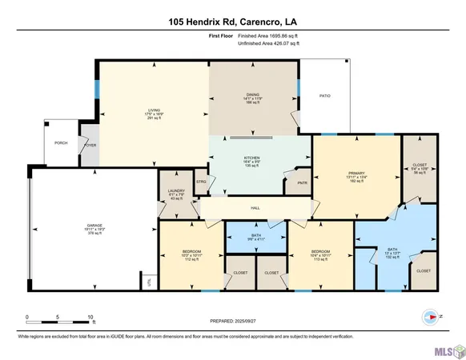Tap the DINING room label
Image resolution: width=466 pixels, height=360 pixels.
tap(253, 94)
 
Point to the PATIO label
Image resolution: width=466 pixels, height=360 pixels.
tap(324, 96)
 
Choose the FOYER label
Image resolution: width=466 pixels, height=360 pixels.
tap(90, 146)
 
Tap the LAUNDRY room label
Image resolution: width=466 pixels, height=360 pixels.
tap(176, 191)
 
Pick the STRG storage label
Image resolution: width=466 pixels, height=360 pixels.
tap(201, 182)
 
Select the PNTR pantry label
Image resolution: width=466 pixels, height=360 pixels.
tap(302, 183)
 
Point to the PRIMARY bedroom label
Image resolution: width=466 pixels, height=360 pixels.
tap(356, 173)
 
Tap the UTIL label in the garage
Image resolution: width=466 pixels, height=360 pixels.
tap(148, 282)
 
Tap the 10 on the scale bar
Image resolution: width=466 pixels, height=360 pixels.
tap(92, 317)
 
